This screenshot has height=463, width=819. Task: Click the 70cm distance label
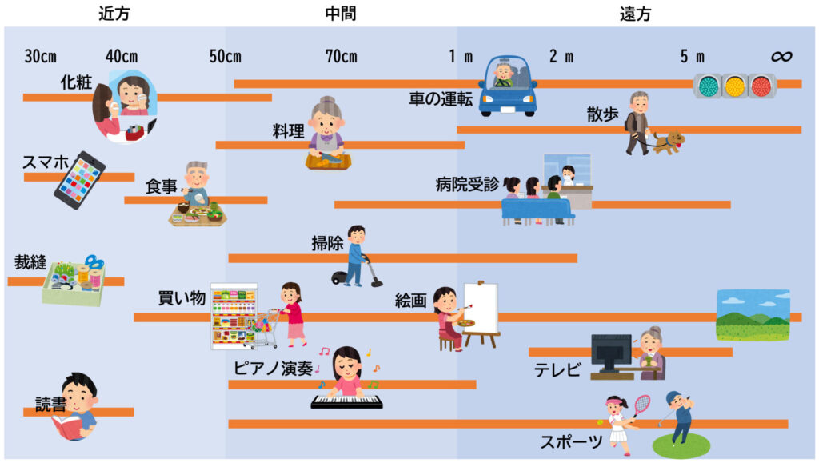pos(341,57)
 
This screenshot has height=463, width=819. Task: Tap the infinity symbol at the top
pos(781,56)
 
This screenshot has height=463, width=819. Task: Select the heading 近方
pos(114,14)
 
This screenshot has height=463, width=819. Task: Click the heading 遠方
pos(635,14)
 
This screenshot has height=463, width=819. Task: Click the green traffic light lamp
pos(707,86)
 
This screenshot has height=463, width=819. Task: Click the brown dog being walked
pos(668,142)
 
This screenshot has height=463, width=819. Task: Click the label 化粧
pos(77,82)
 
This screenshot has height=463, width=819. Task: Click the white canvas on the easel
pos(481,308)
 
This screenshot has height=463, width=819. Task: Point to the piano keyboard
pos(346,402)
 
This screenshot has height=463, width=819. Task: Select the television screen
pos(610,353)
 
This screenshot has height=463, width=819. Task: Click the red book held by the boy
pos(68,427)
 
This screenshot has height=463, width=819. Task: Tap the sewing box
pos(74,285)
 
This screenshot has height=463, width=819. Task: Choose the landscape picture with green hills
pos(752,315)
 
